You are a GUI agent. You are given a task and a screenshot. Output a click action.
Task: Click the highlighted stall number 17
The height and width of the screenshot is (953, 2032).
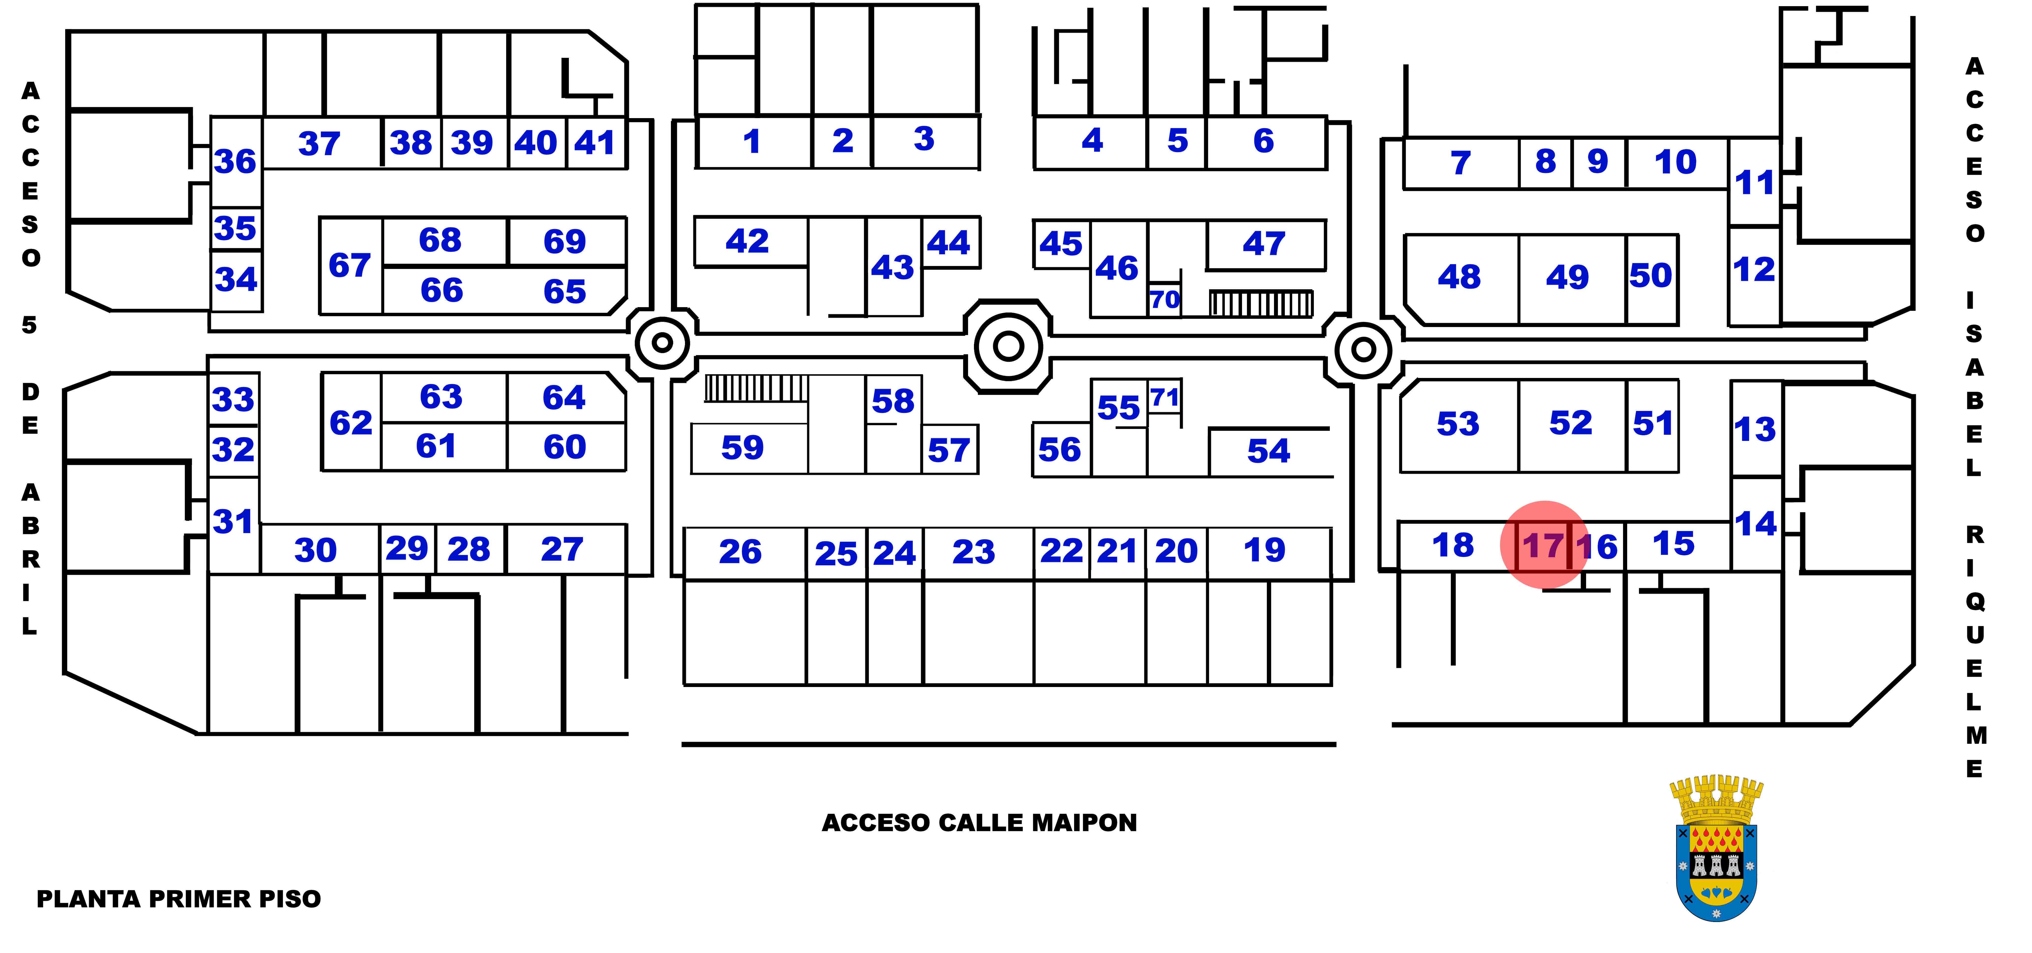tap(1543, 546)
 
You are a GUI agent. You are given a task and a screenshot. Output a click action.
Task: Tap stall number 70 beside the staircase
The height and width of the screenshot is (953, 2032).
tap(1164, 300)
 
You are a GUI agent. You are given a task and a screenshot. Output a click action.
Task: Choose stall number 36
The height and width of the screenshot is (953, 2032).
tap(235, 162)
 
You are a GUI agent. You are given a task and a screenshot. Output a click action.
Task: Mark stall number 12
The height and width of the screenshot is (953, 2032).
tap(1754, 270)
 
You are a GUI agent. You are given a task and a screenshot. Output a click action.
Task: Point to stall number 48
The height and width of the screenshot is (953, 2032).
tap(1458, 277)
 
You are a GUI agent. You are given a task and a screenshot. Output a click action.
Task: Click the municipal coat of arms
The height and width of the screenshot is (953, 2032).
tap(1716, 848)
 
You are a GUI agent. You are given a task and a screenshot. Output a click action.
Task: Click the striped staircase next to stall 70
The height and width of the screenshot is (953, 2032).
tap(1260, 303)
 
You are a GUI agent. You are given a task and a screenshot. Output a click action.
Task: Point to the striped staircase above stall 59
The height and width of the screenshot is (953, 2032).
tap(756, 388)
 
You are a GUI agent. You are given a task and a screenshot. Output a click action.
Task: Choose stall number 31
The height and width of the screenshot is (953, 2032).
tap(233, 521)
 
